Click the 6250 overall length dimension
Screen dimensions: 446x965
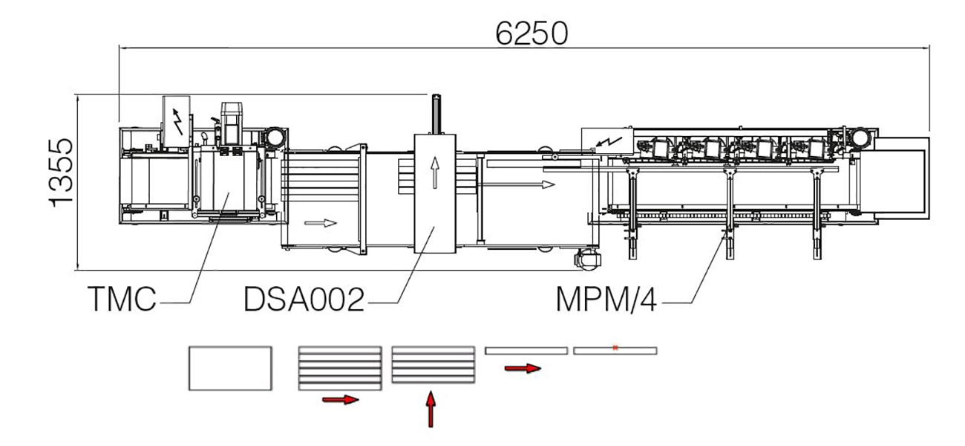pyautogui.click(x=531, y=33)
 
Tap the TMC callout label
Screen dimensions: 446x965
pyautogui.click(x=122, y=300)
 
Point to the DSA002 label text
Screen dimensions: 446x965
pyautogui.click(x=304, y=300)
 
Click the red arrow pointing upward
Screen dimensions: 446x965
pyautogui.click(x=430, y=410)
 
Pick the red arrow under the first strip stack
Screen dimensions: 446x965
pyautogui.click(x=341, y=400)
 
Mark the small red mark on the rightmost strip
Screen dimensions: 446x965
pyautogui.click(x=615, y=347)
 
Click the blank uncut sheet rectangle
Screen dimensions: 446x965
pyautogui.click(x=230, y=368)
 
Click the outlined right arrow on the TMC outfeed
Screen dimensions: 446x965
pyautogui.click(x=321, y=222)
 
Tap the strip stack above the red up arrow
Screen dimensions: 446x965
pyautogui.click(x=433, y=364)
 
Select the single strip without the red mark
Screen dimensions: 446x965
pyautogui.click(x=526, y=350)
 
